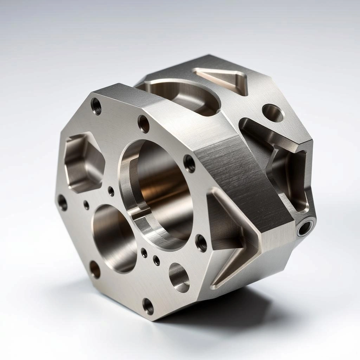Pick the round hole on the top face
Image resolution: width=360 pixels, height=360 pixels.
click(x=273, y=113)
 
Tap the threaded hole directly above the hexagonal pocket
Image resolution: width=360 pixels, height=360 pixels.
click(x=96, y=106)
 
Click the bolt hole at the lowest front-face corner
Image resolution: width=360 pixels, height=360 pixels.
click(x=148, y=306)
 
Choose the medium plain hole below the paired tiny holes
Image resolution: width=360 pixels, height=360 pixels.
click(x=179, y=277)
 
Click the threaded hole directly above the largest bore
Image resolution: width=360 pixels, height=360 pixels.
click(x=143, y=124)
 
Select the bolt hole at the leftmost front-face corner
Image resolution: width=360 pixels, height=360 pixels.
click(x=62, y=202)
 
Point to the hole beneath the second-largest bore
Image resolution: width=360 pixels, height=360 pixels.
click(x=95, y=269)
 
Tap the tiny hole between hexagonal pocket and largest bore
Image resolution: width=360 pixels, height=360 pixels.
click(x=111, y=191)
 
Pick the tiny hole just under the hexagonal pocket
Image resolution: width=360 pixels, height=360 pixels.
click(x=86, y=205)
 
